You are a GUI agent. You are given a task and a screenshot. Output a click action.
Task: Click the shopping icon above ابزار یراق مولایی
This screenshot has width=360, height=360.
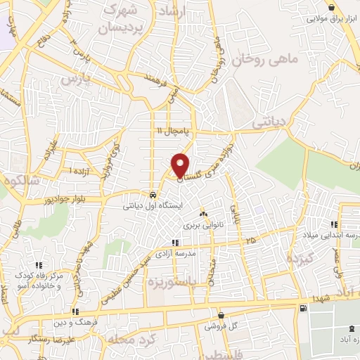tap(330, 7)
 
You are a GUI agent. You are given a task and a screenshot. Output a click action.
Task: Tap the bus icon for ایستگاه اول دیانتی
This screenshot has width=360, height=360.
tap(153, 195)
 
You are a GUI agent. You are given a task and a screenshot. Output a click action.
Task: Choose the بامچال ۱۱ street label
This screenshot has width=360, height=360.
tap(169, 131)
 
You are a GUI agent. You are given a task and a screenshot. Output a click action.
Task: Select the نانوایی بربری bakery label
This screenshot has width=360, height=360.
tap(203, 226)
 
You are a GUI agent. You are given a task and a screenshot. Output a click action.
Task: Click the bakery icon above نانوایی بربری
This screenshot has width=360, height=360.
tap(203, 214)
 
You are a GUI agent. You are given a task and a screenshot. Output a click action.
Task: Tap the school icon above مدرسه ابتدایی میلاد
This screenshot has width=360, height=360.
tap(344, 223)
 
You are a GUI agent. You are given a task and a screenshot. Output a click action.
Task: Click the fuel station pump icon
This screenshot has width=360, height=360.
tap(303, 308)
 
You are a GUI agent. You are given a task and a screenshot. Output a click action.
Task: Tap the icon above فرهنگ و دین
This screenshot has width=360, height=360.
tap(75, 311)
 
